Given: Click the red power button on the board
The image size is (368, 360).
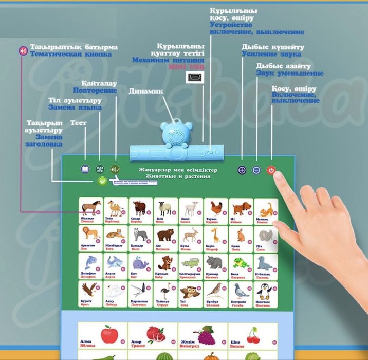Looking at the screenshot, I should point(271,170).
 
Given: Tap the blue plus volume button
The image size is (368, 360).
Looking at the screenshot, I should point(242,170).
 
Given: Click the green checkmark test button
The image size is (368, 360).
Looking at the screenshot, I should point(102,181).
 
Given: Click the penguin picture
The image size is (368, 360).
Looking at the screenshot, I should point(264,291).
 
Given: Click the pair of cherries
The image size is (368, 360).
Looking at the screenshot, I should point(252,337).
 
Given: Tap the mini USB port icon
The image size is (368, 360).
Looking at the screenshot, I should point(194,78).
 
